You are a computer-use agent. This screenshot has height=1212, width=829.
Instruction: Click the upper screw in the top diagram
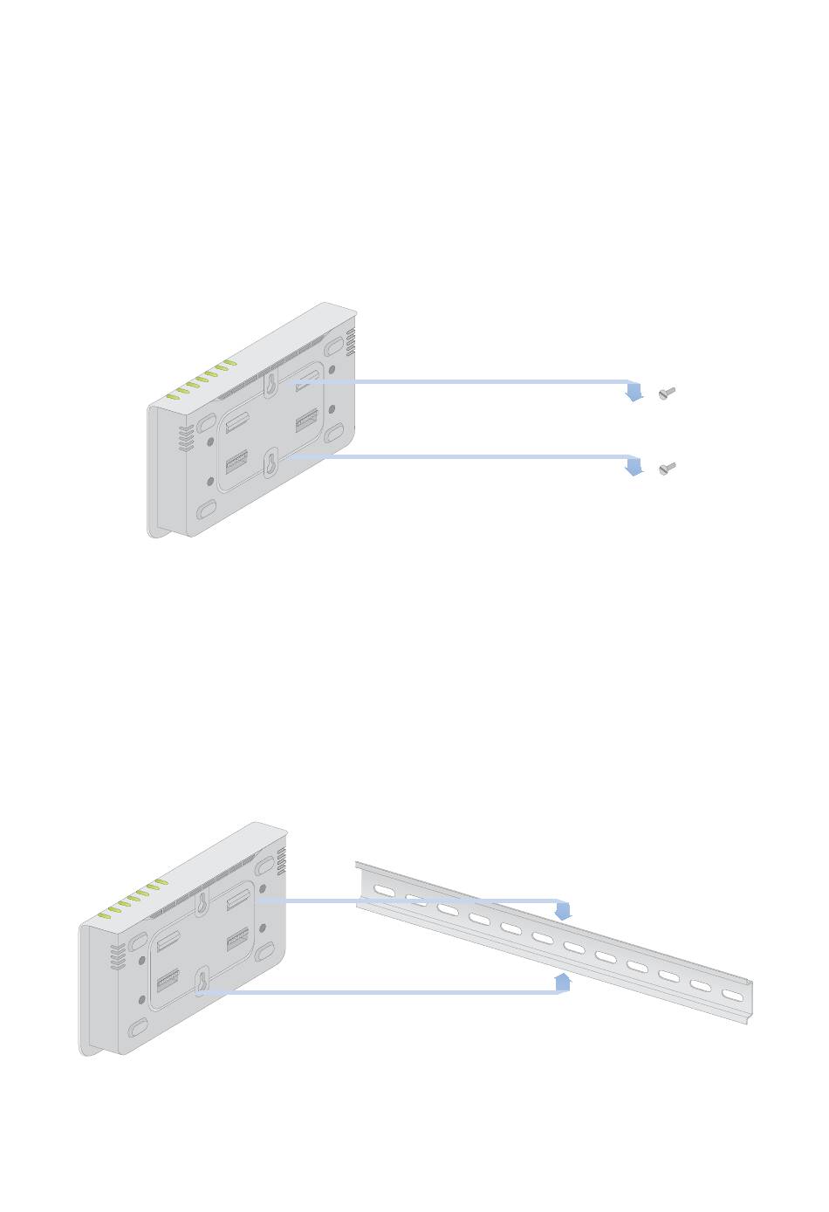tap(668, 394)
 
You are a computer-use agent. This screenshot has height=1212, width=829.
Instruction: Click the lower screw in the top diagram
tap(668, 469)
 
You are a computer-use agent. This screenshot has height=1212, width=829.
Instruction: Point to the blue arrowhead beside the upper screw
tap(634, 394)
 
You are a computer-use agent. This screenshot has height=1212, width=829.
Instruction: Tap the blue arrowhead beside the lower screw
tap(634, 469)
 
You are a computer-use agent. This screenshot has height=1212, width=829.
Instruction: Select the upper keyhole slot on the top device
tap(272, 384)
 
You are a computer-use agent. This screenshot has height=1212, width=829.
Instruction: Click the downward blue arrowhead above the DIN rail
tap(564, 912)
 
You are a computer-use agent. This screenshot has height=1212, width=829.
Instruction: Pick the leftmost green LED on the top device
tap(173, 396)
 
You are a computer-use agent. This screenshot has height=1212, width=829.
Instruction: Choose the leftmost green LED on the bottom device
tap(105, 915)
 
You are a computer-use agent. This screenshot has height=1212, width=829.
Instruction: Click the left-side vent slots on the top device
tap(185, 439)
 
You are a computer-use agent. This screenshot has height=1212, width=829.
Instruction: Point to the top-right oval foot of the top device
tap(334, 347)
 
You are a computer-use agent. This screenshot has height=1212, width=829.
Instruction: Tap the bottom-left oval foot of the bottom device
tap(137, 1030)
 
